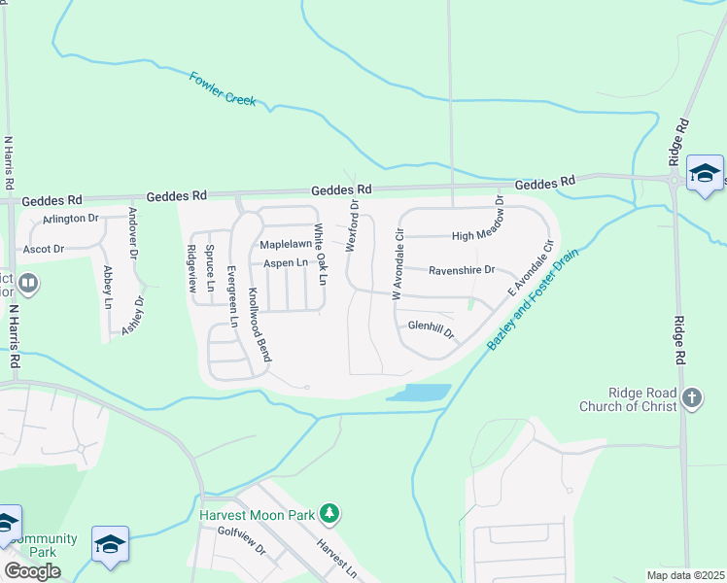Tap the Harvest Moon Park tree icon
(x=329, y=513)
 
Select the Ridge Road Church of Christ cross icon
(x=691, y=397)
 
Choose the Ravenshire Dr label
(x=463, y=270)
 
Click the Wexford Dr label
(x=354, y=225)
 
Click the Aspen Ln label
(x=286, y=263)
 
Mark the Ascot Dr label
(x=44, y=249)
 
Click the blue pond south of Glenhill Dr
(x=419, y=393)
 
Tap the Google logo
(x=31, y=571)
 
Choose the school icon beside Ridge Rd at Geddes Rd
(x=704, y=173)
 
